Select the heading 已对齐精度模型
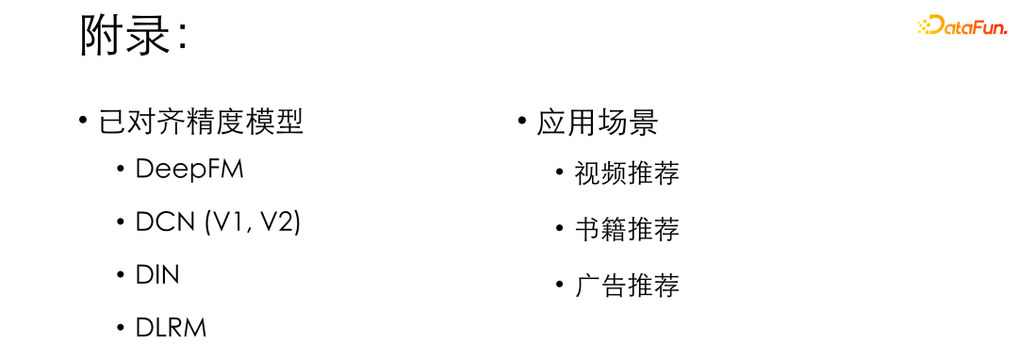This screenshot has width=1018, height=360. point(202,123)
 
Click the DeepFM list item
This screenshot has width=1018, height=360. point(189,170)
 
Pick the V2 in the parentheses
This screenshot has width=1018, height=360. point(277,222)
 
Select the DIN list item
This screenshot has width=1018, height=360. point(157,275)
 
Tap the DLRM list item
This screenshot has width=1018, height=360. point(171,328)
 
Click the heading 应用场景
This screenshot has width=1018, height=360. point(598,123)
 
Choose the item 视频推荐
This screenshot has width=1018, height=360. point(627,173)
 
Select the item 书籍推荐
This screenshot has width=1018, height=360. point(627,229)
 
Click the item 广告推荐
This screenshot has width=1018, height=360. point(627,286)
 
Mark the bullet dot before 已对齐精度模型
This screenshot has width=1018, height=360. point(83,122)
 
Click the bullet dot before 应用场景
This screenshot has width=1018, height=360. point(521,122)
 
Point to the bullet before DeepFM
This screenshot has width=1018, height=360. point(120,170)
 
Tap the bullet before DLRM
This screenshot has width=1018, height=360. point(120,328)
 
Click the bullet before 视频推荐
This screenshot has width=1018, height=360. point(559,173)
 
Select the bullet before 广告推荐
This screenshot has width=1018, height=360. point(559,286)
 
